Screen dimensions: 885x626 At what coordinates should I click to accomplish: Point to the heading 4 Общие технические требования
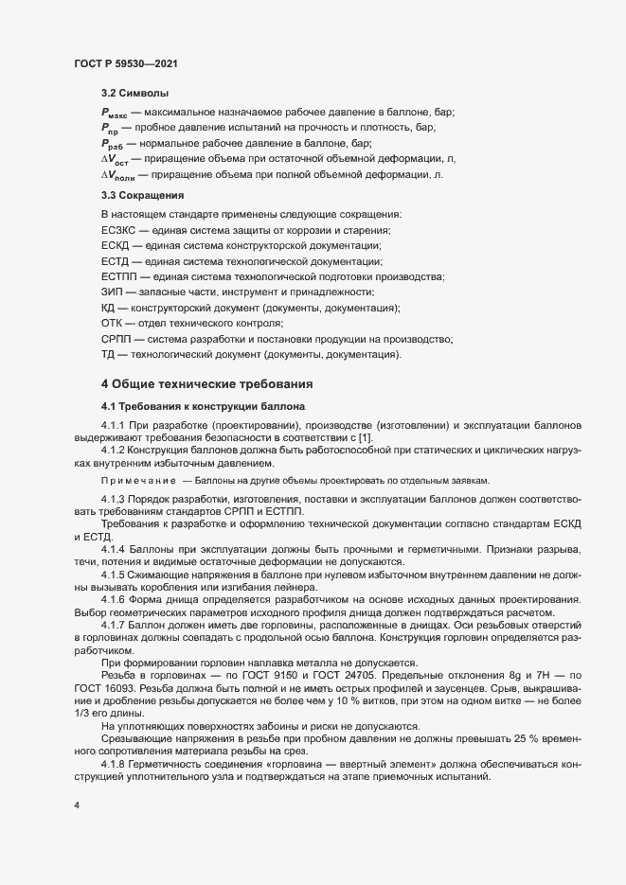[x=221, y=384]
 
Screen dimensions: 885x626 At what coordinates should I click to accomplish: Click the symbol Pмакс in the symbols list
[x=115, y=113]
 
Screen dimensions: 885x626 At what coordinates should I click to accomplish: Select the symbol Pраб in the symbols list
[x=113, y=143]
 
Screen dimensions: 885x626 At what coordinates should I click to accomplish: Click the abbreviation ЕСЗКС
[x=116, y=231]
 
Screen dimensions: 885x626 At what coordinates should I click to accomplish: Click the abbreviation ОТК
[x=112, y=323]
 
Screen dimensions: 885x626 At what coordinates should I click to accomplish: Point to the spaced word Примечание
[x=137, y=480]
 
